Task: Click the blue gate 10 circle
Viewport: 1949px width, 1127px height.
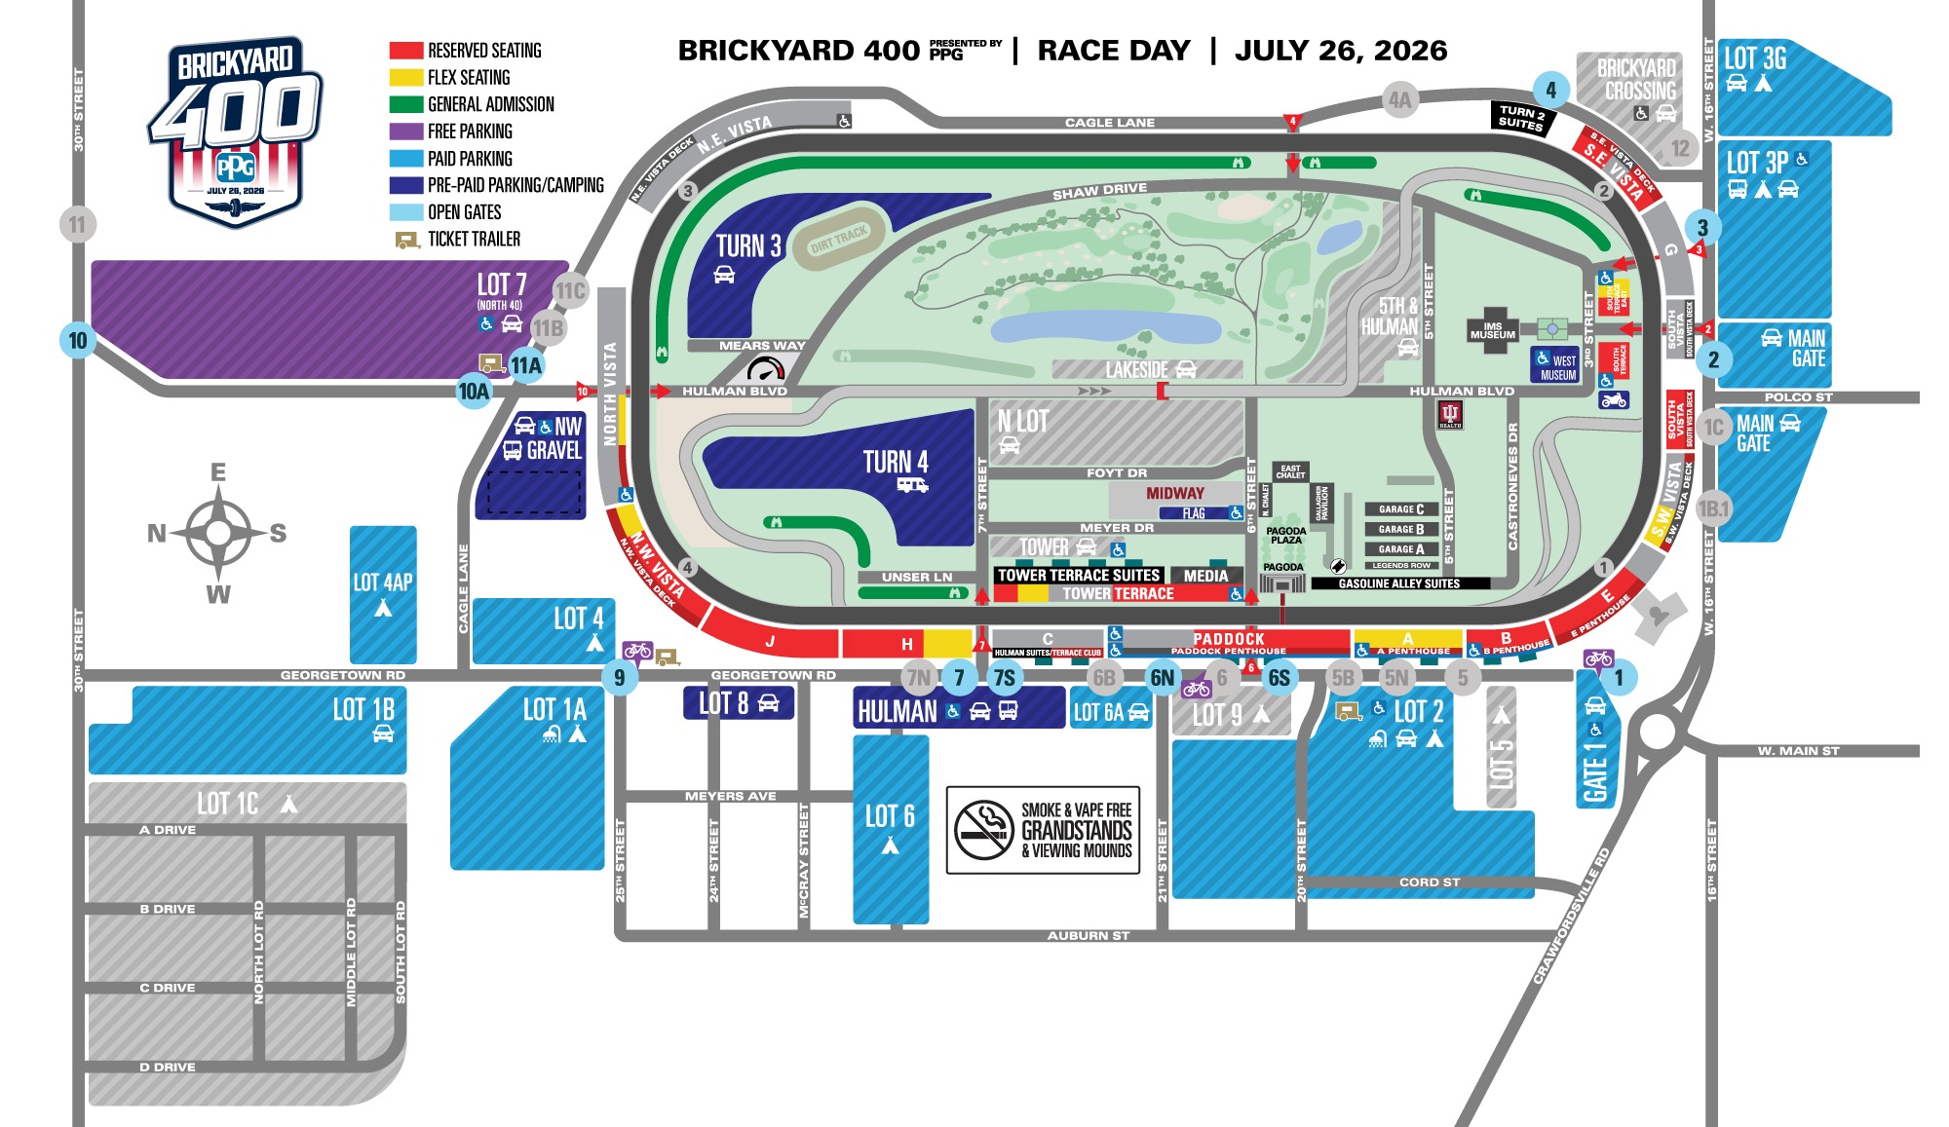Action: pyautogui.click(x=78, y=341)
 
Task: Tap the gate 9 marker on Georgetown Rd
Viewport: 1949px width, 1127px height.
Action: pyautogui.click(x=620, y=677)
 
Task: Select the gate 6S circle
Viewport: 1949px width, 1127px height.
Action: pyautogui.click(x=1280, y=678)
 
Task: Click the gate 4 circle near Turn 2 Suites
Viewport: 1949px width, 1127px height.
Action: pyautogui.click(x=1550, y=91)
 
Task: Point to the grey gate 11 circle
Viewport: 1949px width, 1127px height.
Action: pyautogui.click(x=77, y=225)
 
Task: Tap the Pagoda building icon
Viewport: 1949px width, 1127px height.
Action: pyautogui.click(x=1282, y=582)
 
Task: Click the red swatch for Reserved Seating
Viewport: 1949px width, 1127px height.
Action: pyautogui.click(x=405, y=51)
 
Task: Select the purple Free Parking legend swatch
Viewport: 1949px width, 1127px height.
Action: pyautogui.click(x=405, y=131)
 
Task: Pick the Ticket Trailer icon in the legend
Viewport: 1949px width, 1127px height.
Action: pyautogui.click(x=406, y=240)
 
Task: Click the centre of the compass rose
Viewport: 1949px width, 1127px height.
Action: pyautogui.click(x=218, y=533)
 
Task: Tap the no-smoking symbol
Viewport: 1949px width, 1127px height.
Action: pyautogui.click(x=984, y=831)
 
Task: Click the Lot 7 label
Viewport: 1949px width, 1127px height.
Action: pyautogui.click(x=501, y=284)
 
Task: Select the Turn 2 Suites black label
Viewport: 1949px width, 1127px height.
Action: pyautogui.click(x=1521, y=117)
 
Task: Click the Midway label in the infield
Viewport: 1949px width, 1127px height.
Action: pyautogui.click(x=1174, y=493)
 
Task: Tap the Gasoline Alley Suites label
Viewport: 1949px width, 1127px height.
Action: pyautogui.click(x=1399, y=583)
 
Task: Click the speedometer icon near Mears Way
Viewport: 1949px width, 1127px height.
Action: pyautogui.click(x=765, y=369)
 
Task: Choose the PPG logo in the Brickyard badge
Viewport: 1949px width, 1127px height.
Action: pyautogui.click(x=235, y=167)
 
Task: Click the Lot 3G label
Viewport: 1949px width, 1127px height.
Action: pyautogui.click(x=1755, y=58)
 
